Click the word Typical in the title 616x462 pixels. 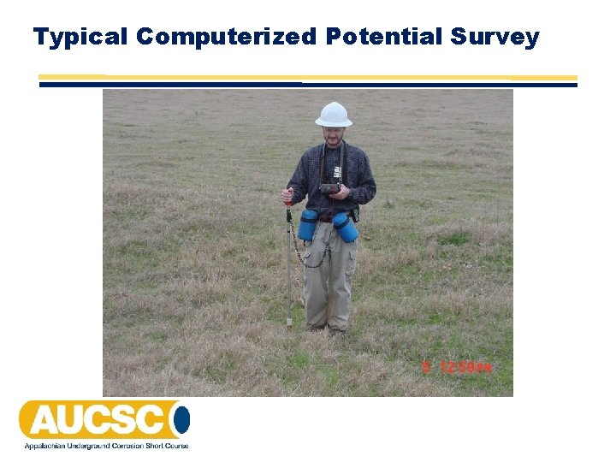pos(80,37)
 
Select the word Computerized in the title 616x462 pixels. pos(227,37)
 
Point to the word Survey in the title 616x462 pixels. pos(495,37)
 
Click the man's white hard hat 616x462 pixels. pos(334,115)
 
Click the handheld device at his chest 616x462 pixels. pos(329,187)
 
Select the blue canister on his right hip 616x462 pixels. pos(308,224)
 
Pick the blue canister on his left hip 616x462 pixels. pos(346,228)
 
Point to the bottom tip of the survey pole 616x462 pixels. pos(289,326)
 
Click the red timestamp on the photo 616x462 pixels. pos(459,368)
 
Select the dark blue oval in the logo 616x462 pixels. pos(181,420)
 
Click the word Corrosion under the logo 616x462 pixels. pos(122,446)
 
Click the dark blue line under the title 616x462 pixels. pos(308,84)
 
